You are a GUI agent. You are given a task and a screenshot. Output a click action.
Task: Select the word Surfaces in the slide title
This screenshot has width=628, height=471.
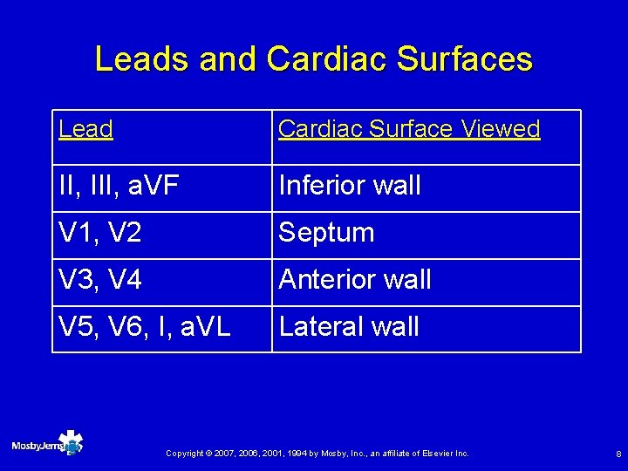click(x=463, y=59)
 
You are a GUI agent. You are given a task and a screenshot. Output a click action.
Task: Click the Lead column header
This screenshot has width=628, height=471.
click(x=85, y=129)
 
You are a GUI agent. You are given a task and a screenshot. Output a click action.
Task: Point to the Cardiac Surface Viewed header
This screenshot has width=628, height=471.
click(x=409, y=129)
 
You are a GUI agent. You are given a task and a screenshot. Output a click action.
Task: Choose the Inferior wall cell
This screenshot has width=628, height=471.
click(x=349, y=186)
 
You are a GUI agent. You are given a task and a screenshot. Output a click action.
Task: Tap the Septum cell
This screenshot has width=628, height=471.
click(x=326, y=233)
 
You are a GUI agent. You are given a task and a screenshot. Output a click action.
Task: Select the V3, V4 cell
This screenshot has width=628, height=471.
click(x=99, y=280)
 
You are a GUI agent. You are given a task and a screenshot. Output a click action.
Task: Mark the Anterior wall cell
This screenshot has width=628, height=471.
click(x=354, y=280)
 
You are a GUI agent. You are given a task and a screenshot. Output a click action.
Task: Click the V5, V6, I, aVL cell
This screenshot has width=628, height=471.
click(x=144, y=327)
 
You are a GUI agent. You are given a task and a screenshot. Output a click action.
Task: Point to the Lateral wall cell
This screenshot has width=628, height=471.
click(x=349, y=327)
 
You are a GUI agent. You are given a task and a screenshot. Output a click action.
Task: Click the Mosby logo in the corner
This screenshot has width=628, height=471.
click(x=48, y=445)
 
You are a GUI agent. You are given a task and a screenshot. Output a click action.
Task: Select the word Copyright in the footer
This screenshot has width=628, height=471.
click(x=184, y=454)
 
